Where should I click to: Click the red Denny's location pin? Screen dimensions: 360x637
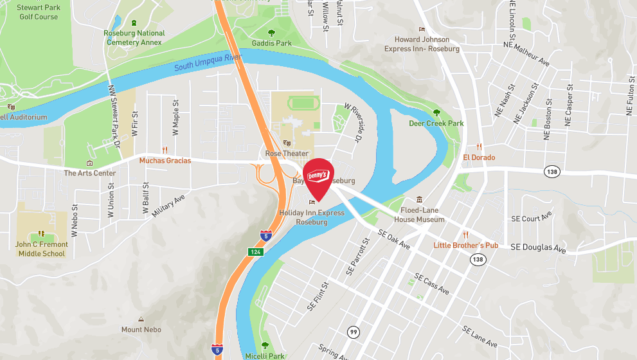point(318,177)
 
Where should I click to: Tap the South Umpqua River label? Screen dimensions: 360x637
point(207,62)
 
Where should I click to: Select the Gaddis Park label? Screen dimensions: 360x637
point(271,43)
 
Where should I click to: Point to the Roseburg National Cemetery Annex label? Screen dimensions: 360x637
point(134,37)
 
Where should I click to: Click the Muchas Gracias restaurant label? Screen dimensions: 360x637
point(165,160)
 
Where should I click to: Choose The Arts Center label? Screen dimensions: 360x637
point(89,173)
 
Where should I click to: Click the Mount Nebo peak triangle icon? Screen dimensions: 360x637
point(141,319)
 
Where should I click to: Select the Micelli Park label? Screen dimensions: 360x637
point(265,355)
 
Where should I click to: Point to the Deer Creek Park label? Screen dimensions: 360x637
point(436,123)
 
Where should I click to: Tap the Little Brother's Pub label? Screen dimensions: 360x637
point(466,245)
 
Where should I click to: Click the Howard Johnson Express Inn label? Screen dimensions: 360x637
point(422,44)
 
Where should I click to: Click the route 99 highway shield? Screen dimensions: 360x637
point(354,332)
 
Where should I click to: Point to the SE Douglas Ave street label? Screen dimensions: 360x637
point(538,247)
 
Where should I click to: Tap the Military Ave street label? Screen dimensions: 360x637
point(168,205)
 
